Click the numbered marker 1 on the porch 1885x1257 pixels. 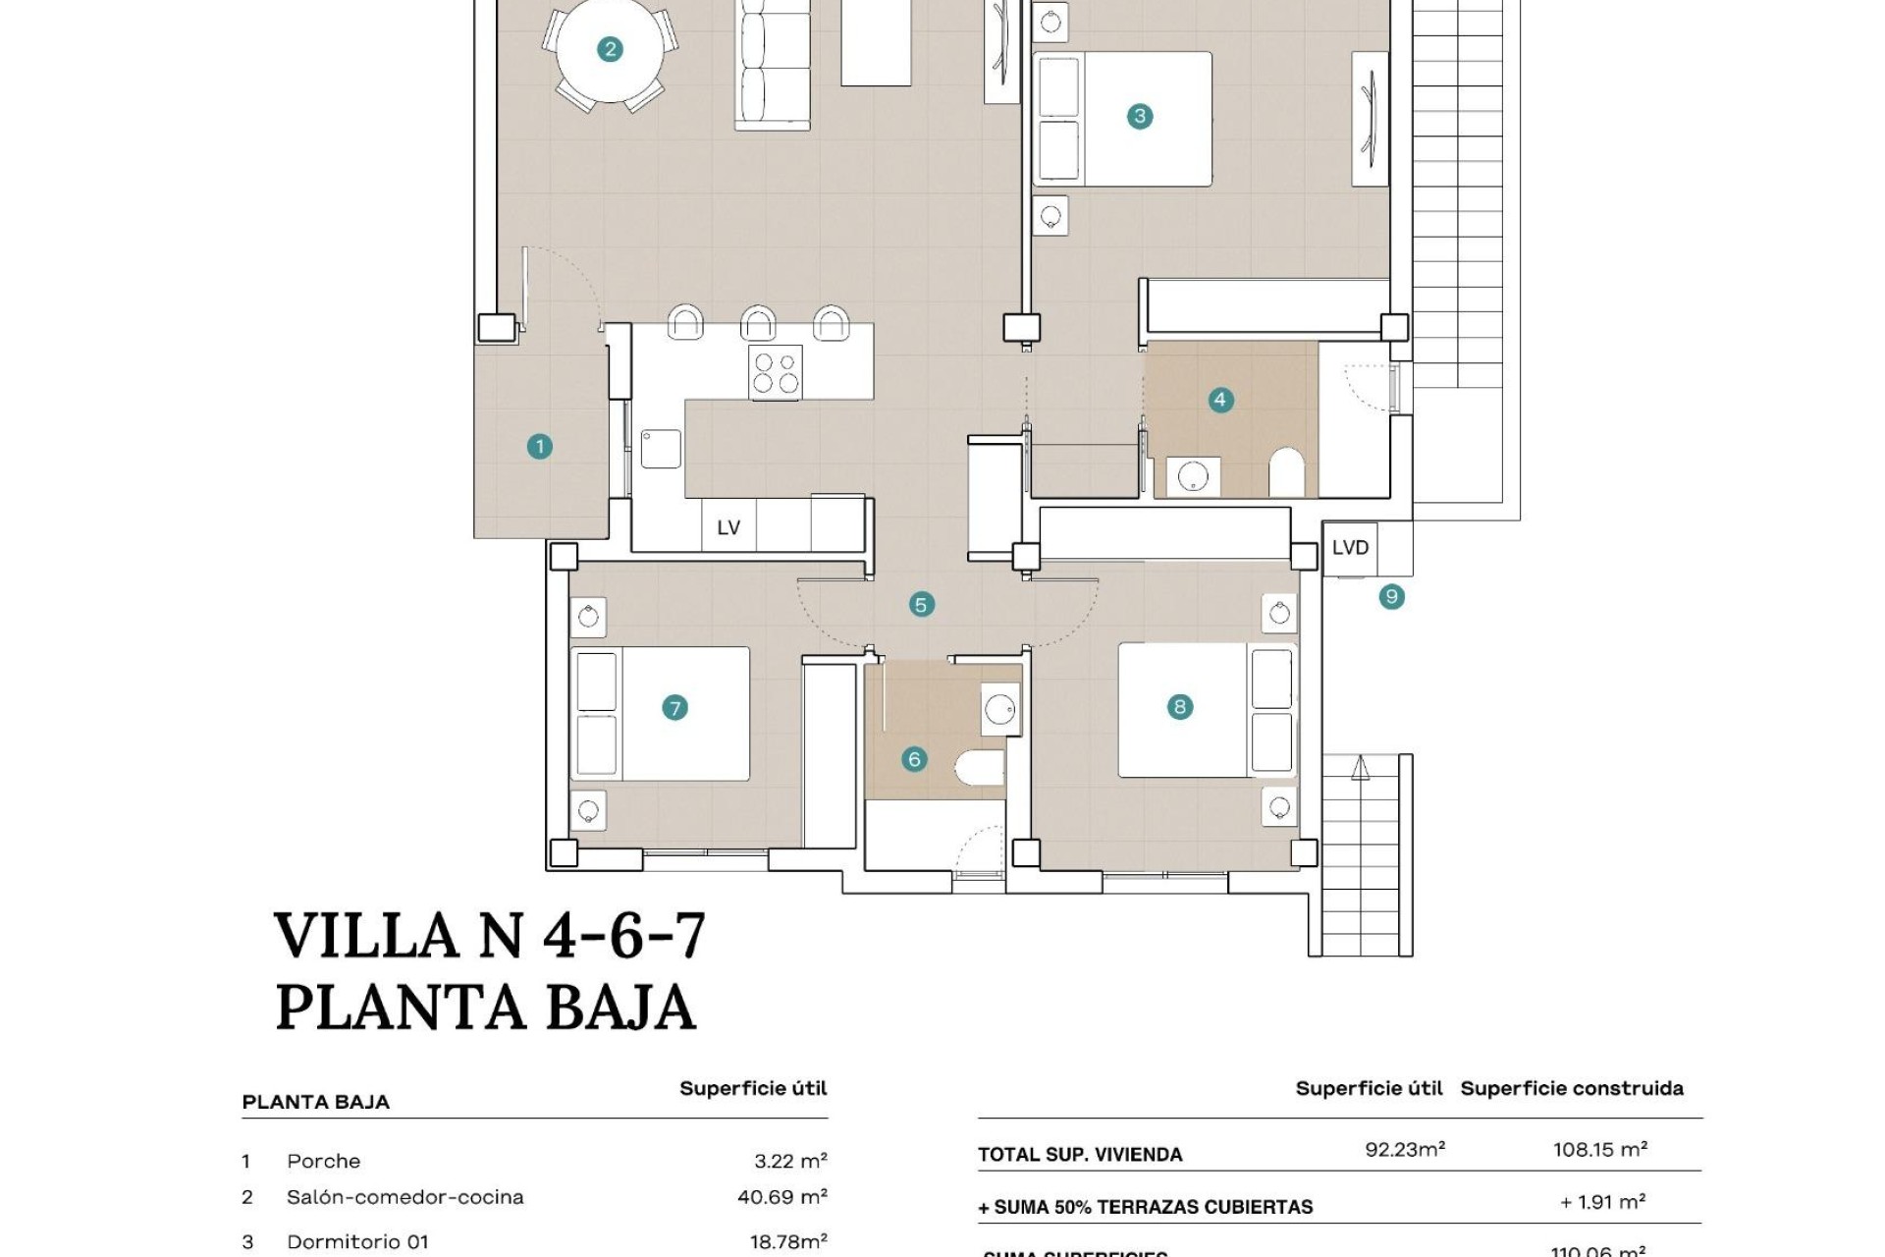click(539, 447)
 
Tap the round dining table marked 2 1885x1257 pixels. click(610, 49)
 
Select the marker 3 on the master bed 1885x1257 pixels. click(1139, 116)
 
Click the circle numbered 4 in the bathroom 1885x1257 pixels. click(1219, 400)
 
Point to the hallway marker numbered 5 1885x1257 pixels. click(920, 605)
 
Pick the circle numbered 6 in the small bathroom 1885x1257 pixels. click(914, 759)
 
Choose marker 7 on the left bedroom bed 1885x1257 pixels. click(673, 708)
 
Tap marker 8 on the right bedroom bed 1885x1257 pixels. click(1179, 707)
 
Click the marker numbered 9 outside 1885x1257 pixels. click(1390, 596)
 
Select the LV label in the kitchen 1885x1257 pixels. click(727, 527)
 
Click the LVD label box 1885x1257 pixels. click(1350, 547)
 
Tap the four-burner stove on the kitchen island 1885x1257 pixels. click(775, 372)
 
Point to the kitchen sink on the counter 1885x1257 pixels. click(661, 449)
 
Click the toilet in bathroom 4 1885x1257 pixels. click(1285, 473)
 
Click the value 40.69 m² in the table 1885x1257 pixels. click(781, 1196)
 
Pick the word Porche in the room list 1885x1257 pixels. click(323, 1161)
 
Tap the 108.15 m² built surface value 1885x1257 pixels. click(1599, 1149)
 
